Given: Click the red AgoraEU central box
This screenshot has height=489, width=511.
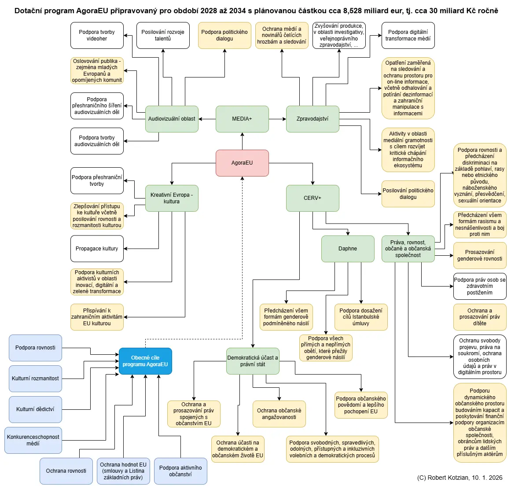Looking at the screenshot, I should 242,163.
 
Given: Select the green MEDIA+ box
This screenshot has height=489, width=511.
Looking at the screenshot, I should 242,119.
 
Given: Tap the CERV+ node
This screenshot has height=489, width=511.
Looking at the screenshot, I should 312,198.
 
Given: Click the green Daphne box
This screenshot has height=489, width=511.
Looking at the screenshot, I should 348,249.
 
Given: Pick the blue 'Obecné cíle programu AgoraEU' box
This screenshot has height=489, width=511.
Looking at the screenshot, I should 145,361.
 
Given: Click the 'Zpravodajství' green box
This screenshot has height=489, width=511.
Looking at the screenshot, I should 312,119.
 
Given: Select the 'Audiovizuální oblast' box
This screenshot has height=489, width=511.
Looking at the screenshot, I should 172,119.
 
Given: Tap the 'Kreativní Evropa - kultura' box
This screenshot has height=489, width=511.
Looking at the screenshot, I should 172,198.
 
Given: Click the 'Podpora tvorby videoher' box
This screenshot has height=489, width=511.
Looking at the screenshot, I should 97,35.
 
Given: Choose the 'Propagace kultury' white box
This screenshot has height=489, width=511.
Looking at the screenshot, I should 97,249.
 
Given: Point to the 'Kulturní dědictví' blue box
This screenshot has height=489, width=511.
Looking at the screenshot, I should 35,409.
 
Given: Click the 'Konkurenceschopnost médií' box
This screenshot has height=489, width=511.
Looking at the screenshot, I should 33,440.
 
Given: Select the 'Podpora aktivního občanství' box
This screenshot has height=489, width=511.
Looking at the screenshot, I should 180,471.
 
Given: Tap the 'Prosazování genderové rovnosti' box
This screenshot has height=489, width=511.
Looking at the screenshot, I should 480,255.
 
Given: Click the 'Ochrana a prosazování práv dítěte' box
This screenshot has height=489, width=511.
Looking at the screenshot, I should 480,317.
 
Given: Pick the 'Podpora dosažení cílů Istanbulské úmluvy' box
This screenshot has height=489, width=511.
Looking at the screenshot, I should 361,317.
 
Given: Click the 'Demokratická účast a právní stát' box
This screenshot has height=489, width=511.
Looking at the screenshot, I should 253,361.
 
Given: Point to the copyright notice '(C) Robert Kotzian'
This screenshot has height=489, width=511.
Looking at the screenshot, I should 460,478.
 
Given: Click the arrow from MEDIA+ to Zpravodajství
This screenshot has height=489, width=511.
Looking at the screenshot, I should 277,119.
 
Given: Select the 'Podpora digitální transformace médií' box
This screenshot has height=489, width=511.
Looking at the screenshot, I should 408,35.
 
